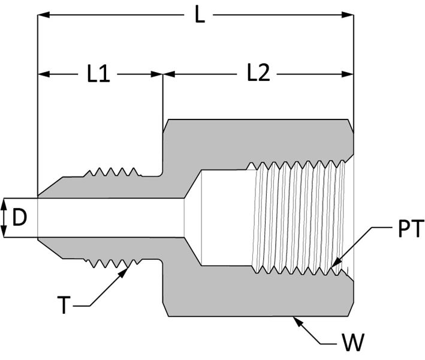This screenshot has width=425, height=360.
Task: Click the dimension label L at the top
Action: click(x=200, y=15)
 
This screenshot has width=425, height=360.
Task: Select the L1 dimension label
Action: click(x=99, y=74)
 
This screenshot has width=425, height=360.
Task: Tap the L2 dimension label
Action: click(x=259, y=73)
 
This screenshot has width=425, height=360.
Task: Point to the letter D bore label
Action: click(x=20, y=218)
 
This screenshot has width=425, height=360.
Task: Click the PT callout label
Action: click(x=411, y=229)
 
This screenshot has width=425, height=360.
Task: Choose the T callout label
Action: click(x=64, y=305)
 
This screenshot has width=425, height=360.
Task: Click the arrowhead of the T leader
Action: click(x=124, y=272)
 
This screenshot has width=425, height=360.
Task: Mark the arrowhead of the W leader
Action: click(x=297, y=322)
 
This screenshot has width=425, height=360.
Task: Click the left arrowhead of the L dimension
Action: click(x=43, y=15)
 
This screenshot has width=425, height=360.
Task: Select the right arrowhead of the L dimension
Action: click(x=348, y=15)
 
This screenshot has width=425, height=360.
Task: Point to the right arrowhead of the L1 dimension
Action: click(x=156, y=74)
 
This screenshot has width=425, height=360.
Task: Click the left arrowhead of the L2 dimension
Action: click(x=169, y=74)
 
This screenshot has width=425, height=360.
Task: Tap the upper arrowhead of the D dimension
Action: click(x=4, y=204)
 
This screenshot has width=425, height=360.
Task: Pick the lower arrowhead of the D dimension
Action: click(x=4, y=232)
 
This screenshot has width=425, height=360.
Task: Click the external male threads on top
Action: click(x=112, y=172)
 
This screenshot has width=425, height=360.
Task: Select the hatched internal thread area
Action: click(x=298, y=218)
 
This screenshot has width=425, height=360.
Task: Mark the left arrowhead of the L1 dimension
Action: click(x=43, y=74)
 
